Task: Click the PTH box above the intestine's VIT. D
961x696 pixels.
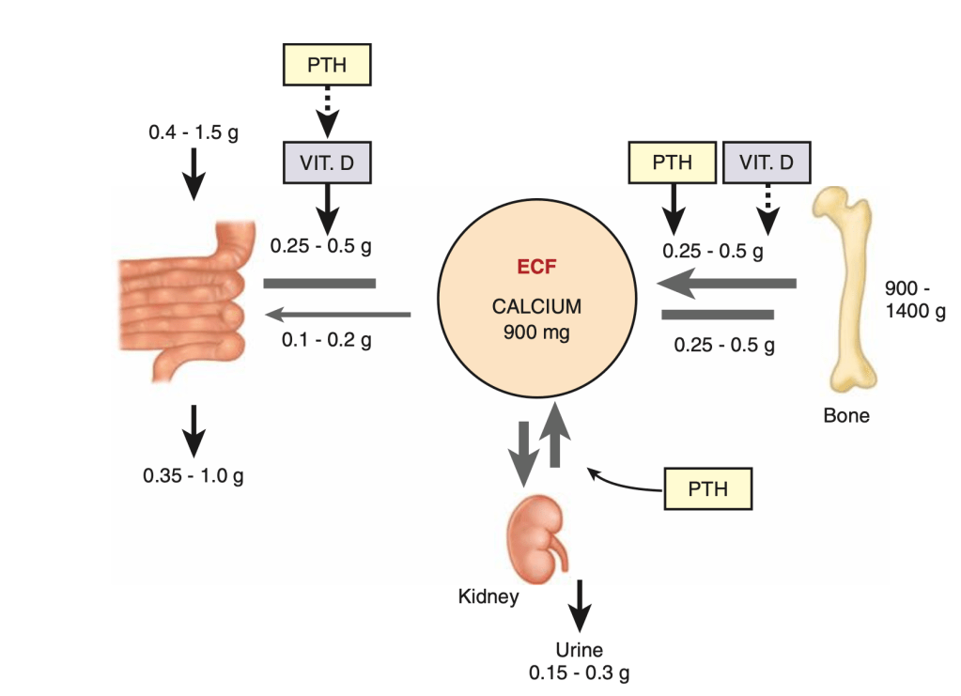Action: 327,66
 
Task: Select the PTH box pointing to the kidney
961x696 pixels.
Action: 707,489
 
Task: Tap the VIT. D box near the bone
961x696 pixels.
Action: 767,162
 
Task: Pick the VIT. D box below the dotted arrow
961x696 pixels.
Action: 327,162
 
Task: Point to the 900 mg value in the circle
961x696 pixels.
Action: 535,331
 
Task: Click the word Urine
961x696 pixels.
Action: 579,650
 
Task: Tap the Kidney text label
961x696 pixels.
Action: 488,596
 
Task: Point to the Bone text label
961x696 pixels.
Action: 845,415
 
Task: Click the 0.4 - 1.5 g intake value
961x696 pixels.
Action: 194,132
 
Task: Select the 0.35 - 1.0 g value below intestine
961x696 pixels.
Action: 194,475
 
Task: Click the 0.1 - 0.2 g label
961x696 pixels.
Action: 327,339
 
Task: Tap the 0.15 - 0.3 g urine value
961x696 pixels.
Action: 579,673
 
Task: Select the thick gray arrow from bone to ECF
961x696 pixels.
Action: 723,282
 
